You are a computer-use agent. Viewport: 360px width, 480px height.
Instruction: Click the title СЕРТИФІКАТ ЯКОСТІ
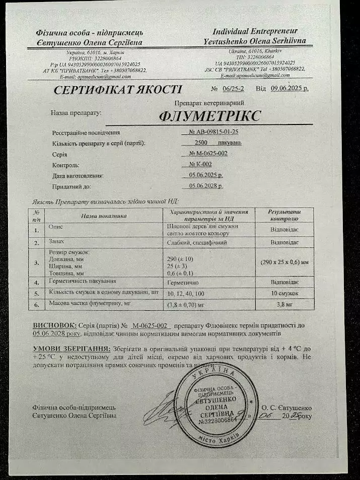[118, 90]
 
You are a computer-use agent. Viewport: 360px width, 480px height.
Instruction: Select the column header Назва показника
[104, 216]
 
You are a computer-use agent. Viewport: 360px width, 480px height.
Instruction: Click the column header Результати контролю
[284, 216]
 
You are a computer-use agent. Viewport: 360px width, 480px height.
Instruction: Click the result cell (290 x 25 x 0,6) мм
[284, 262]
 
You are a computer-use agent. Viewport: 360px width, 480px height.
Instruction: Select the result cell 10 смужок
[284, 293]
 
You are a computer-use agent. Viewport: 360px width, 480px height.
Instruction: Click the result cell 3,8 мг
[284, 304]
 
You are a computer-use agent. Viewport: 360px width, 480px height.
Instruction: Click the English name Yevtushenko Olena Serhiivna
[255, 40]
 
